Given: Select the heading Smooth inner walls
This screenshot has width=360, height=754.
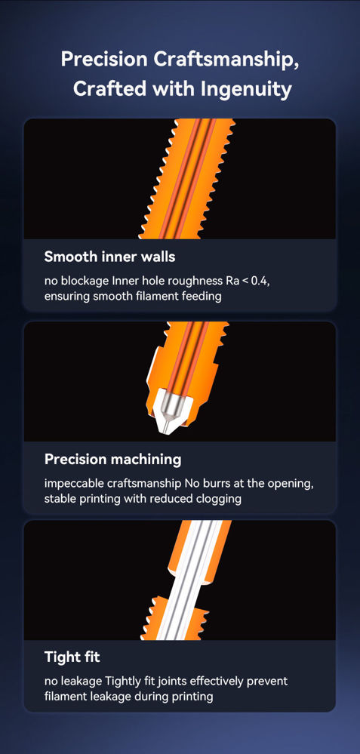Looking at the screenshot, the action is [109, 257].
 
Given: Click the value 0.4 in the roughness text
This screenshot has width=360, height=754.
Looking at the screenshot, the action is [261, 281].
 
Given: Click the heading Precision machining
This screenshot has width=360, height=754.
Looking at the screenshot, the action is [113, 459].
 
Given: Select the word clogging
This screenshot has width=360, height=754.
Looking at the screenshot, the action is [219, 499].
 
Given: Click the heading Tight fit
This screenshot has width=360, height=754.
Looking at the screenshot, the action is [72, 657].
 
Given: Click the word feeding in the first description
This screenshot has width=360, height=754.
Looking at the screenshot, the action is [202, 297].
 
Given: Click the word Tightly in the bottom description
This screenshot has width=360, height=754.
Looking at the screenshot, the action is [131, 682].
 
